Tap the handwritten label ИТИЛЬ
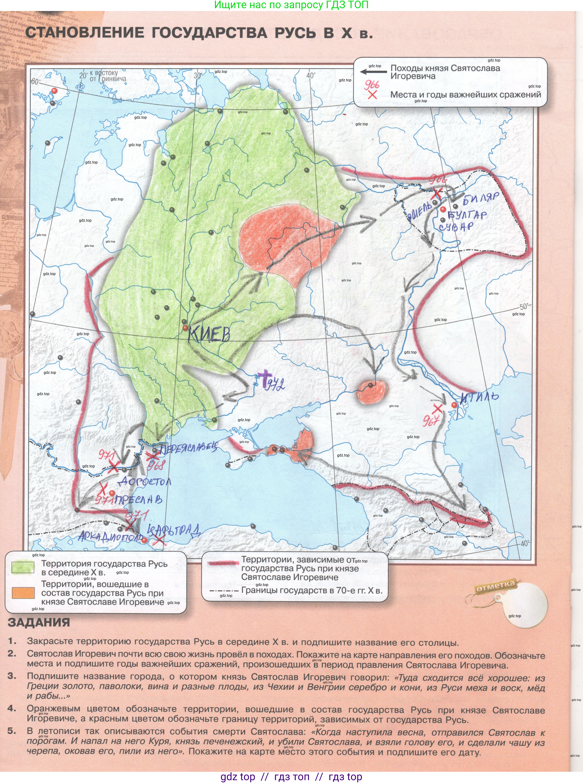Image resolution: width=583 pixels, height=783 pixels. (x=479, y=398)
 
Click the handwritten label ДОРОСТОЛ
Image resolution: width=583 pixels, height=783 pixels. (x=145, y=481)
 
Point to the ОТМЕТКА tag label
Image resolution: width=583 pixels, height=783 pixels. (x=495, y=587)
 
